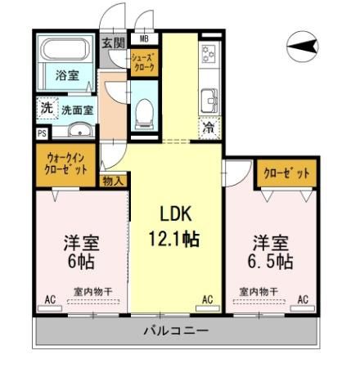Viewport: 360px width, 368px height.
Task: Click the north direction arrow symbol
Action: (x=302, y=47)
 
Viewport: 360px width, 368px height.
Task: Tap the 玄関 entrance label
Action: (x=114, y=43)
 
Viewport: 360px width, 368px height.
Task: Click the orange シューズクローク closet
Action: (x=145, y=61)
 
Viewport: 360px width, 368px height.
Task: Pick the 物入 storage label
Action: (x=112, y=181)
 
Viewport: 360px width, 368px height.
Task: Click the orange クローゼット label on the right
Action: (x=286, y=173)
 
